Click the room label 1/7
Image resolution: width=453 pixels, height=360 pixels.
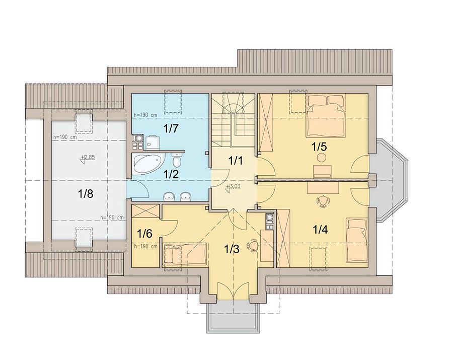(171, 129)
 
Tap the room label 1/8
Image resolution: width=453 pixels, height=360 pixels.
(86, 193)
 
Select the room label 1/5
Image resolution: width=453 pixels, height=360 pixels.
(319, 147)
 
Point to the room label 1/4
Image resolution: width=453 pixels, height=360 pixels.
(320, 230)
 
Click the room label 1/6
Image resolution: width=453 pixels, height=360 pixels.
(144, 234)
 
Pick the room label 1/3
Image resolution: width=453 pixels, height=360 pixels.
(232, 249)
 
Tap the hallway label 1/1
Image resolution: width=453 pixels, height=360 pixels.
(236, 161)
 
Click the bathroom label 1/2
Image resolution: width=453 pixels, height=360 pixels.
(171, 174)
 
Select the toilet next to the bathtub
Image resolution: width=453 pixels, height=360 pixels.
(177, 160)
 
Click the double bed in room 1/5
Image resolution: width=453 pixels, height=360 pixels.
(326, 116)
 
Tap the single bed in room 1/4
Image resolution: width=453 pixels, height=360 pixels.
(357, 240)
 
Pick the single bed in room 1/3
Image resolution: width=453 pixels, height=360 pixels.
(186, 253)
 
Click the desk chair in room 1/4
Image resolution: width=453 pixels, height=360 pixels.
(323, 201)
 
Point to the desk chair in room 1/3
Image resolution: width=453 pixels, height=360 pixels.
(253, 246)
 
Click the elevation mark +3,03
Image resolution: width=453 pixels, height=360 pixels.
(234, 187)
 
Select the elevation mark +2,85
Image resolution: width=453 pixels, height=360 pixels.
(88, 158)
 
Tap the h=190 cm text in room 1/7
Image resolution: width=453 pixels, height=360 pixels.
(145, 115)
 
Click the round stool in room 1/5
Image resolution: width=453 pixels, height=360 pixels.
(322, 158)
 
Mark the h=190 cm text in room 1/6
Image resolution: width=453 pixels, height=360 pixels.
(146, 246)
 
